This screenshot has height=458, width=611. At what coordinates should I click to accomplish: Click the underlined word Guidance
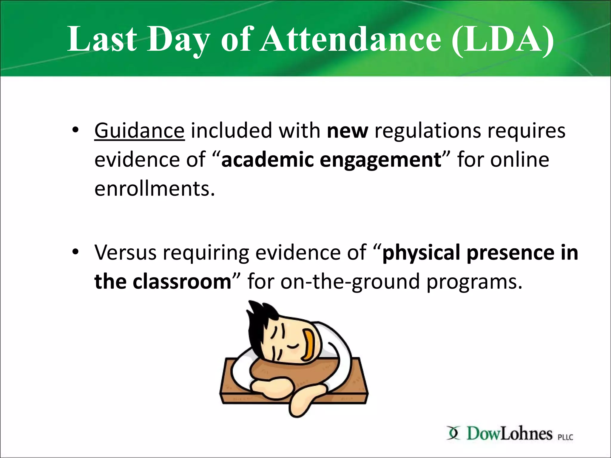[139, 131]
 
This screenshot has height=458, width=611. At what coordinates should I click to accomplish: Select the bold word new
[347, 131]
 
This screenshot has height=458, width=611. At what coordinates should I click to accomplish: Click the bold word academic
[267, 160]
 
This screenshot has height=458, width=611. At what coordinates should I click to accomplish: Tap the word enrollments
[154, 188]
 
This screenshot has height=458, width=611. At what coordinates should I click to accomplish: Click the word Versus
[125, 252]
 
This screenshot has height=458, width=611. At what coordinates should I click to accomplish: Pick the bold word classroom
[182, 281]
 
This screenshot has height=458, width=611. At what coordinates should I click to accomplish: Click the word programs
[474, 281]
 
